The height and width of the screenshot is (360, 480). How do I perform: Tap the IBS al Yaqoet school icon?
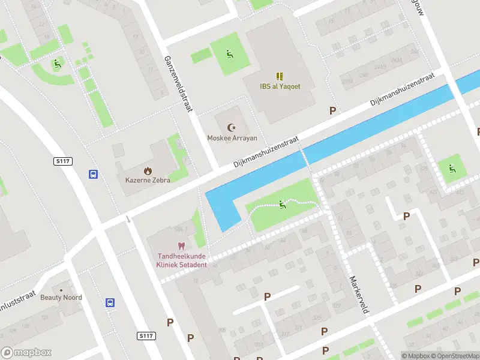click(x=280, y=76)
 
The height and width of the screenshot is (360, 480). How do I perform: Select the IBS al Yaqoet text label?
click(x=280, y=86)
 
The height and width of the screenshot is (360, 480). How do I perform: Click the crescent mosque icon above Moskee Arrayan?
click(x=232, y=127)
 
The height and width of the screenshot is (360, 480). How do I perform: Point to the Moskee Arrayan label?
click(x=232, y=138)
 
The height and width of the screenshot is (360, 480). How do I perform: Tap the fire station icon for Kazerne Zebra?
click(x=148, y=170)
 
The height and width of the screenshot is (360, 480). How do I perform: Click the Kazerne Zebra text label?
click(x=148, y=180)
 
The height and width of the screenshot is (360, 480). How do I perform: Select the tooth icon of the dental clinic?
click(x=181, y=245)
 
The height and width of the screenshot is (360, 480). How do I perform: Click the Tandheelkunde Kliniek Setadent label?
click(x=181, y=260)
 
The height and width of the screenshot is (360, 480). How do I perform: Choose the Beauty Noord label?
click(x=61, y=297)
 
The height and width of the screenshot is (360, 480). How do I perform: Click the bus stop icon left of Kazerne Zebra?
click(x=94, y=175)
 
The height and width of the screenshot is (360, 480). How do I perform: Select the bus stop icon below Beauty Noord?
click(x=110, y=303)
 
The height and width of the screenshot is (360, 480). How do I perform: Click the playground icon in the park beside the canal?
click(x=282, y=205)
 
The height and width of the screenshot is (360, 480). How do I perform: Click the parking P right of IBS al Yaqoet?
click(x=332, y=110)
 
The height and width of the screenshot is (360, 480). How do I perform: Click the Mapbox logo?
click(x=26, y=353)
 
